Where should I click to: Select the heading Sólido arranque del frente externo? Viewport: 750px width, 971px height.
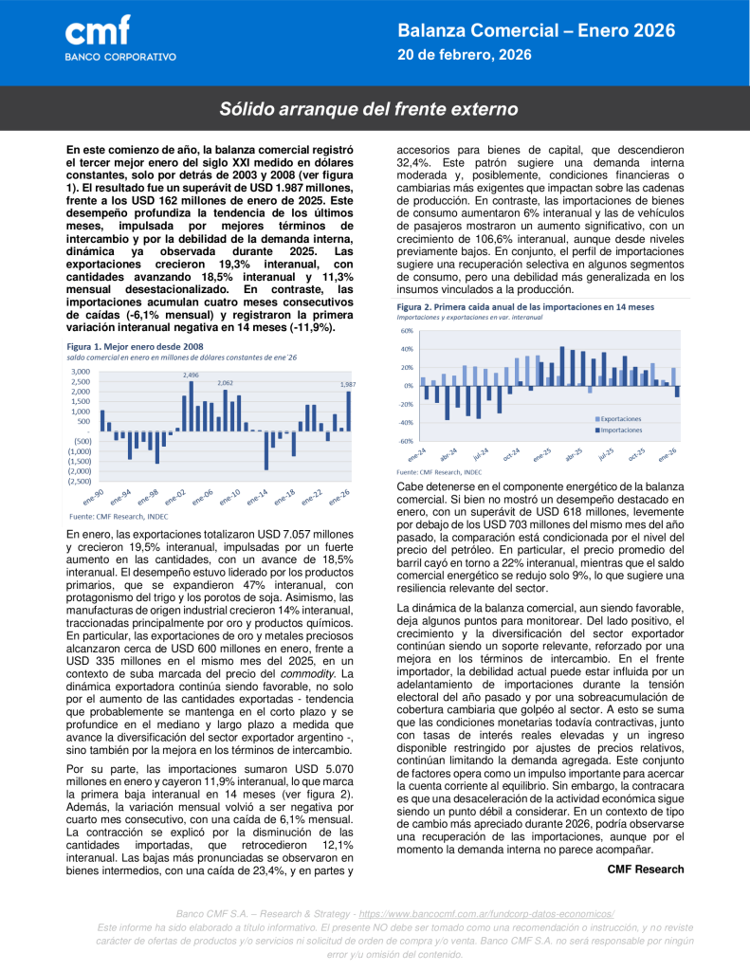click(369, 109)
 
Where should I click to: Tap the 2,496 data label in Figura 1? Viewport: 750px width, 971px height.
click(191, 376)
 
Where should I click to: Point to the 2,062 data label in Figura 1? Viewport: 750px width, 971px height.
click(225, 383)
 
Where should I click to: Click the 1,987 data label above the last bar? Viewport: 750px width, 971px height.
click(348, 384)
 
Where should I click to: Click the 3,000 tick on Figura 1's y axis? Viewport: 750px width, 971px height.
click(81, 372)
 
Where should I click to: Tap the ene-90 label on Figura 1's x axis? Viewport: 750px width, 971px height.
click(93, 498)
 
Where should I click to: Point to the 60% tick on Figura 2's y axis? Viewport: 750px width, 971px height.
click(406, 331)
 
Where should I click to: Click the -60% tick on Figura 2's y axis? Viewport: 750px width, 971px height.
click(405, 441)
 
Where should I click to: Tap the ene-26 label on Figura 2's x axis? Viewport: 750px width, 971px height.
click(667, 453)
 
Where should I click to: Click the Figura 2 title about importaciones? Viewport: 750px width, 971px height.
click(524, 307)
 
